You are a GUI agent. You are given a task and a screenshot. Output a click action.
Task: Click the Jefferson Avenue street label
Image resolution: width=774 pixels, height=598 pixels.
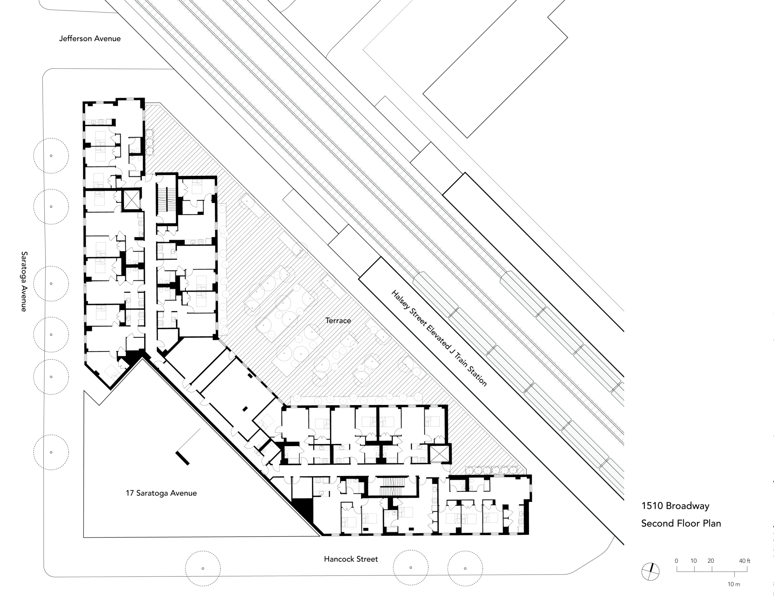pos(90,39)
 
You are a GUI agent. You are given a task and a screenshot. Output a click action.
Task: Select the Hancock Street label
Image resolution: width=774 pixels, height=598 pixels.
pos(351,559)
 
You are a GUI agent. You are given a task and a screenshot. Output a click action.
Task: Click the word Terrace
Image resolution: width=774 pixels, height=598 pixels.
pos(338,320)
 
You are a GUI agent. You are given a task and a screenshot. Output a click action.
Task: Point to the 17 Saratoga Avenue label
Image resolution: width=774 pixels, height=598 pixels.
pos(161,493)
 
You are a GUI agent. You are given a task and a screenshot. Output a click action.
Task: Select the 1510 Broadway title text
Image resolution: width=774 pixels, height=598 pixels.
pos(675,506)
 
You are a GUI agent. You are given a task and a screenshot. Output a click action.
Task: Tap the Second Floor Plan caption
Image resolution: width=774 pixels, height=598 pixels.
pos(681,523)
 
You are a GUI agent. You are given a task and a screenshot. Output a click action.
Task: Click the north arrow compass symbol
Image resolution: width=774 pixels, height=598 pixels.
pos(650,572)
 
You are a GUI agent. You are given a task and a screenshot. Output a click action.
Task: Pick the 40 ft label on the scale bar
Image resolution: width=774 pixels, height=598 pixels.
pos(745,561)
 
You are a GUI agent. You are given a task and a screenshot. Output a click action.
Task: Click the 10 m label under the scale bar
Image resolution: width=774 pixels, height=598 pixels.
pos(734,584)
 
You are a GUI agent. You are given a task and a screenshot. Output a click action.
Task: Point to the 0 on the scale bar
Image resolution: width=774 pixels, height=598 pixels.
pos(676,561)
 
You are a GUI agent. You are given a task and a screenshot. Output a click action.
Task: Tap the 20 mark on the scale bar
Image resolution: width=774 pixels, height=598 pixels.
pos(710,561)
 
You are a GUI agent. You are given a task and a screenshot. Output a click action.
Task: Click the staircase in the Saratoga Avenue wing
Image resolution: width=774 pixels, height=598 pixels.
pos(166,200)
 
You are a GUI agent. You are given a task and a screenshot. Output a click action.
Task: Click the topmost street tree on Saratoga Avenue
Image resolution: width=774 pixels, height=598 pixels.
pos(51,155)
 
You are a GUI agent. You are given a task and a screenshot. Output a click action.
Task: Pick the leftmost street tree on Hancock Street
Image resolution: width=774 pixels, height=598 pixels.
pos(203,569)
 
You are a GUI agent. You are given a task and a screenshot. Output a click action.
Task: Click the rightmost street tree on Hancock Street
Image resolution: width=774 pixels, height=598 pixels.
pos(465,568)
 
